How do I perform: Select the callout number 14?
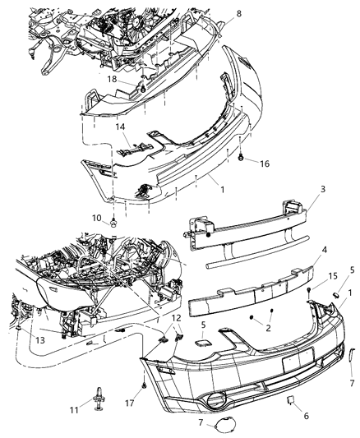pos(122,128)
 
